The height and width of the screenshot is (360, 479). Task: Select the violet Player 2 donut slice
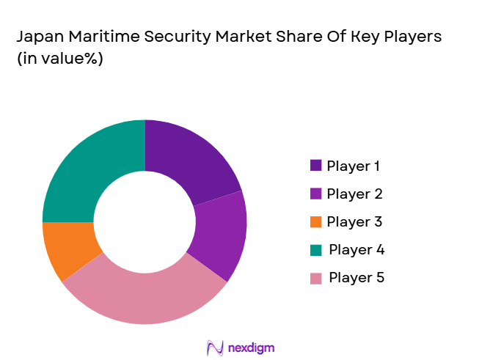pos(219,235)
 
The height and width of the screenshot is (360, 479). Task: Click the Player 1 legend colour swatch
pos(315,166)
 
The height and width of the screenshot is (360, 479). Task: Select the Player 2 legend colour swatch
pos(315,194)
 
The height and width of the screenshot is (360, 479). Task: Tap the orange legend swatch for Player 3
pos(315,221)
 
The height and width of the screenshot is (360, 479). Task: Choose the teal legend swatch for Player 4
pos(315,249)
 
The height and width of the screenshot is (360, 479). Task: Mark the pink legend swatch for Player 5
pos(315,278)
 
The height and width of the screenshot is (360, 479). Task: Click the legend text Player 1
pos(354,166)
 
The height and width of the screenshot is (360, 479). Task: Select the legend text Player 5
pos(356,278)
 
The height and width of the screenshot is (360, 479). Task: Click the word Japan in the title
pos(36,37)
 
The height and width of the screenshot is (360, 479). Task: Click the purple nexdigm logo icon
pos(215,347)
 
